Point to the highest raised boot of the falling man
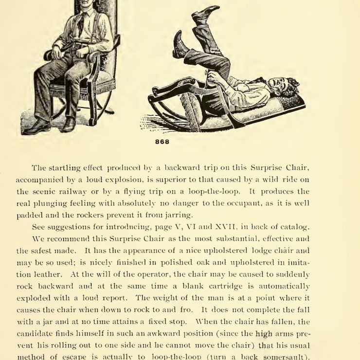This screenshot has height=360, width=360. [x=206, y=13]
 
